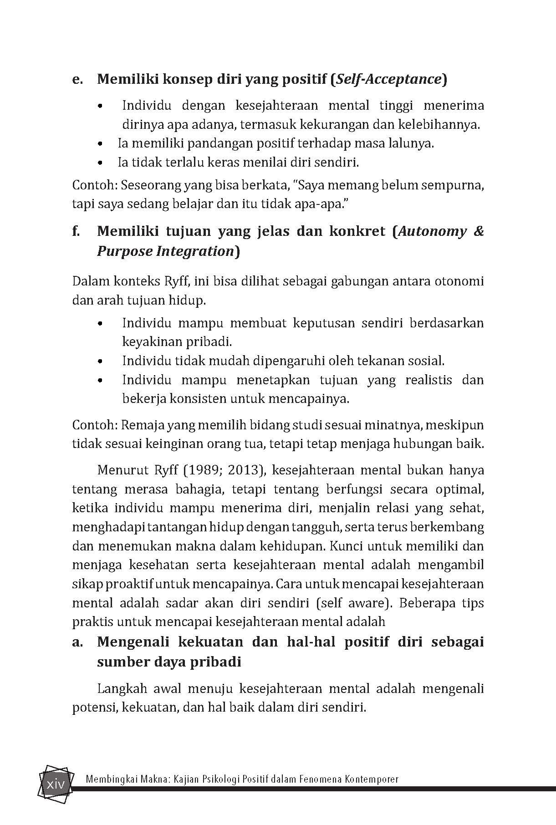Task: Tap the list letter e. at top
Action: [77, 80]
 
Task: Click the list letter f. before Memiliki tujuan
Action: [76, 231]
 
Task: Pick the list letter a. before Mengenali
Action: [77, 642]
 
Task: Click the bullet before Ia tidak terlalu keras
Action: [101, 163]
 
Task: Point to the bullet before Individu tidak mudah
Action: [101, 361]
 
